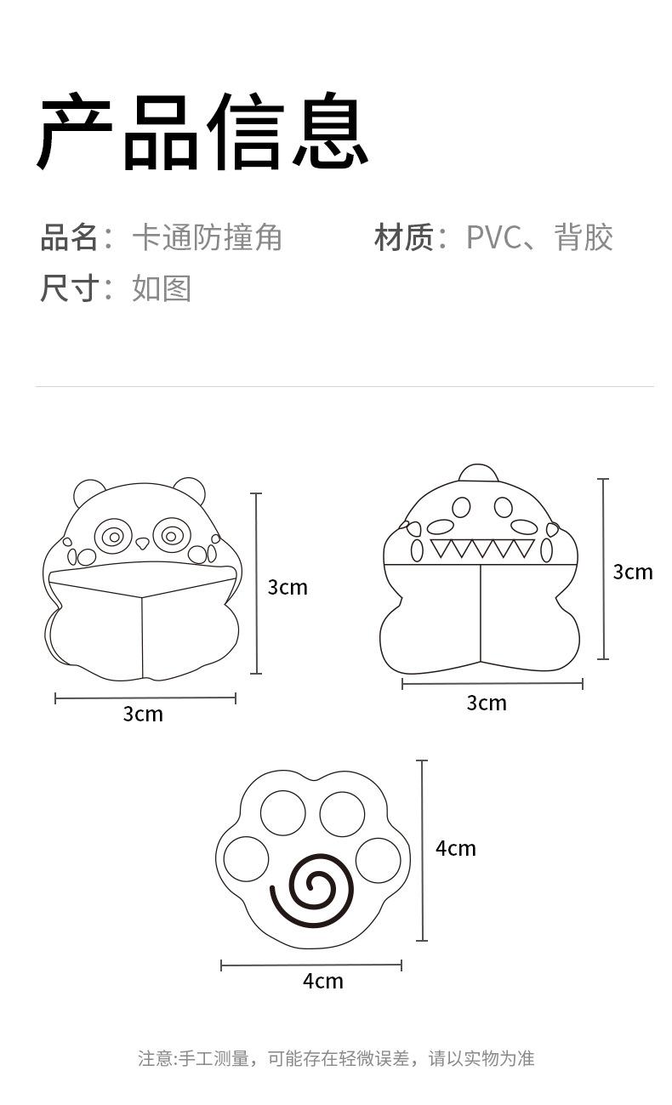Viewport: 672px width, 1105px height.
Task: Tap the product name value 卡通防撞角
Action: click(207, 237)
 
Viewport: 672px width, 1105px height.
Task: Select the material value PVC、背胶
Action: click(539, 237)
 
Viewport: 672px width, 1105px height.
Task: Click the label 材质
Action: click(405, 237)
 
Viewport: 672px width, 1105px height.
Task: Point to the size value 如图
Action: click(162, 288)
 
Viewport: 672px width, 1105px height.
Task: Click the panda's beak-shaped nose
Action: click(142, 543)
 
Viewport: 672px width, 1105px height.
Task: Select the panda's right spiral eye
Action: click(172, 536)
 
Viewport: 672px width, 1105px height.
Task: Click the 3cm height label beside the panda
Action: click(288, 587)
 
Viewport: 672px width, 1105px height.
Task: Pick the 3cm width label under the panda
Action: click(143, 714)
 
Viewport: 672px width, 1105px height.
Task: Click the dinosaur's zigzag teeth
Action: click(482, 549)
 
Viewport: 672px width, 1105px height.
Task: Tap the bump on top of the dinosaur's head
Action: click(478, 473)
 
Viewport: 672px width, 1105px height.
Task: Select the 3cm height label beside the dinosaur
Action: click(633, 572)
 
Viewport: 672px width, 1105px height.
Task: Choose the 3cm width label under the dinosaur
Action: click(487, 703)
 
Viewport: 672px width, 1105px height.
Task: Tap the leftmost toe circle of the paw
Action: click(247, 859)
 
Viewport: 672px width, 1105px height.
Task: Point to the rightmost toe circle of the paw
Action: click(378, 860)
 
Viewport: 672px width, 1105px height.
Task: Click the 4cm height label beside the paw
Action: click(456, 848)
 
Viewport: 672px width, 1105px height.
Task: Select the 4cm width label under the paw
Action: click(323, 981)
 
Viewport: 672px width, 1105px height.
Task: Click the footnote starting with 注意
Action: click(336, 1058)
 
